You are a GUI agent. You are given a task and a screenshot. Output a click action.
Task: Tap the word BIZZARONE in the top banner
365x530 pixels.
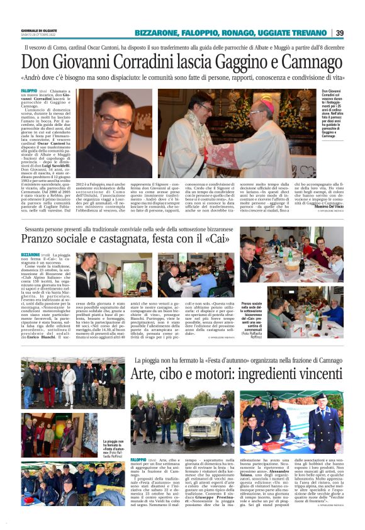click(156, 33)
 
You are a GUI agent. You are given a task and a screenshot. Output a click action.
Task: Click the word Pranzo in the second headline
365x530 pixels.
click(43, 239)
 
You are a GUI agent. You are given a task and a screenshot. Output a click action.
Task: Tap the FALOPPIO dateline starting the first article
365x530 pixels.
click(30, 91)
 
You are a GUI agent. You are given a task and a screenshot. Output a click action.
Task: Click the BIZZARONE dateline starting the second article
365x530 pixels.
click(31, 254)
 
